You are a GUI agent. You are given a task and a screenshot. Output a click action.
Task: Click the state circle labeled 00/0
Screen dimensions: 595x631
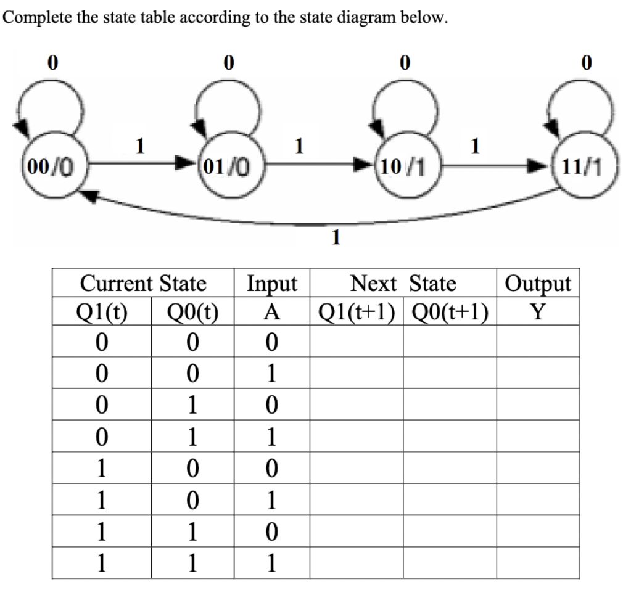click(46, 165)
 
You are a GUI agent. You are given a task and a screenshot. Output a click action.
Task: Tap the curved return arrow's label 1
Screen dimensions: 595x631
click(335, 236)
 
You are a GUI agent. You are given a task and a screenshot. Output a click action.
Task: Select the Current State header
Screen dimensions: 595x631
click(143, 284)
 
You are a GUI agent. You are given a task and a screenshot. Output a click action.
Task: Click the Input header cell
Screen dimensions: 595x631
click(271, 284)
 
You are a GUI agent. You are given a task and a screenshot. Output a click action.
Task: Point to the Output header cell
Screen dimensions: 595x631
click(538, 284)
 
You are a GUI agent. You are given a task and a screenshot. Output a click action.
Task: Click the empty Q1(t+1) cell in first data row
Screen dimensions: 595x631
click(356, 341)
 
